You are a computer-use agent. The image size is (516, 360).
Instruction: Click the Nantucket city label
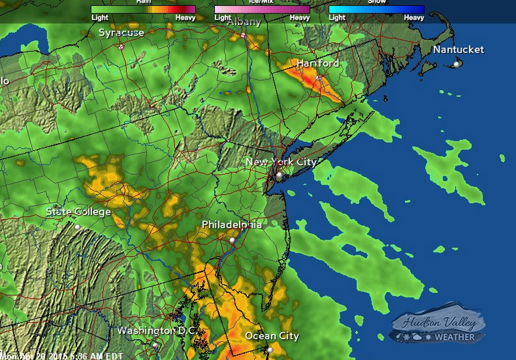tap(458, 50)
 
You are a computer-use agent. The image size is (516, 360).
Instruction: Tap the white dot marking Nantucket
tap(456, 64)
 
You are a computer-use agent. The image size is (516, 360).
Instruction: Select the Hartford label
tap(317, 63)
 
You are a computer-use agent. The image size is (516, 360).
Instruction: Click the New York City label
tap(280, 162)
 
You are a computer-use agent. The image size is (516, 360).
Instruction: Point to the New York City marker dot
tap(279, 176)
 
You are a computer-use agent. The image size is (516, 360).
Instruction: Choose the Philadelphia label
tap(231, 225)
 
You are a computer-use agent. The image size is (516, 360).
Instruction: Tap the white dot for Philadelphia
tap(232, 240)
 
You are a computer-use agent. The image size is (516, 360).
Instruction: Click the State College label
tap(78, 212)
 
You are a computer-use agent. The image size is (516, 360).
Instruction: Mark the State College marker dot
tap(77, 227)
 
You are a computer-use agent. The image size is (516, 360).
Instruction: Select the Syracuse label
tap(121, 32)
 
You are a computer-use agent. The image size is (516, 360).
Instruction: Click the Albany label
tap(244, 21)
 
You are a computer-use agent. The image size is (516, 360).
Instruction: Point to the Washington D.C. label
tap(156, 330)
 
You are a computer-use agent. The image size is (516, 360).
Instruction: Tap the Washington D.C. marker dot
tap(154, 345)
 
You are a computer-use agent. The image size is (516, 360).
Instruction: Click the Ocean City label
tap(272, 336)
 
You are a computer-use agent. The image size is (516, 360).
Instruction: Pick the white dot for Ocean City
tap(270, 350)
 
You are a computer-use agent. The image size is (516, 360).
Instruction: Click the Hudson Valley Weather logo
tap(438, 328)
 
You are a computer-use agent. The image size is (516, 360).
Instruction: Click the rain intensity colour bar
tap(143, 9)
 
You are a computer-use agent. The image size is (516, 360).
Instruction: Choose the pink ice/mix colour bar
tap(262, 9)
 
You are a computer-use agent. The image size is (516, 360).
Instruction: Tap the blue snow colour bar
tap(376, 9)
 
